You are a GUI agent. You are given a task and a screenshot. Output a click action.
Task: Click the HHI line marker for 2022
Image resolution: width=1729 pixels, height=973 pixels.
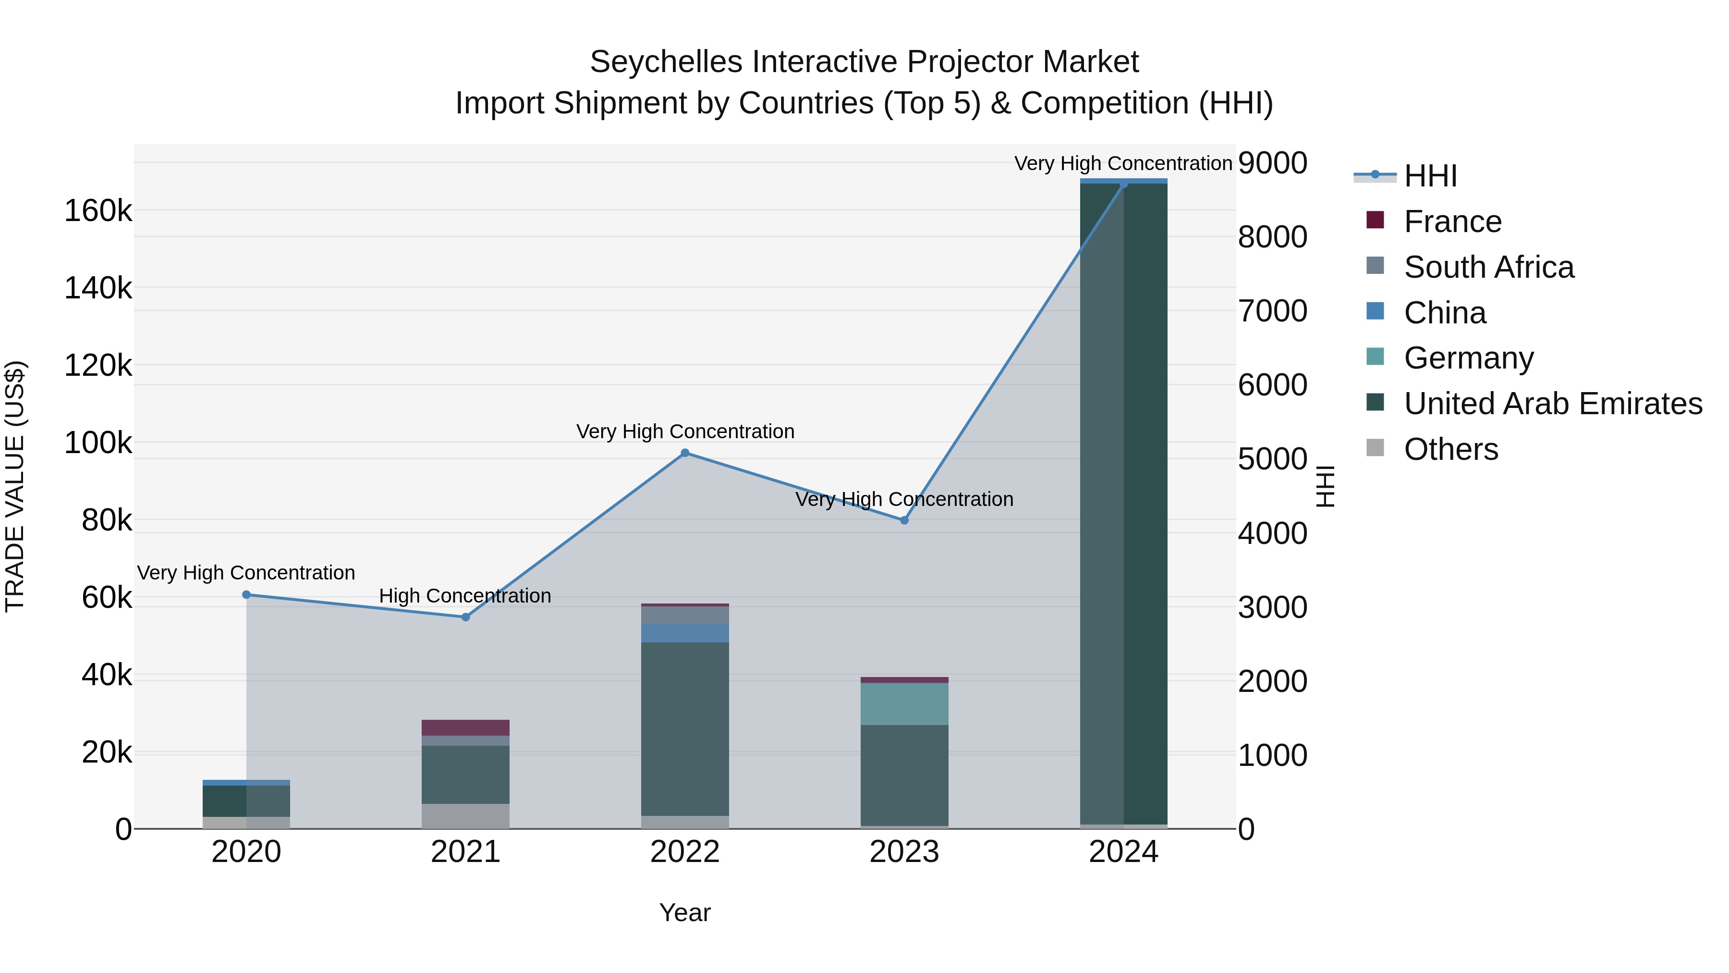684,453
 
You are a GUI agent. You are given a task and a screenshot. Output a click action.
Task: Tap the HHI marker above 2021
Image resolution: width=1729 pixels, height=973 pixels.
466,617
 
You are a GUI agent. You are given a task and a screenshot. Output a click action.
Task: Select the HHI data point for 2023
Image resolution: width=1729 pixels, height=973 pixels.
904,520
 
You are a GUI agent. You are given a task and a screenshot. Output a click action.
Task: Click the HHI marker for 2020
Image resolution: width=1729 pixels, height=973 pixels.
246,595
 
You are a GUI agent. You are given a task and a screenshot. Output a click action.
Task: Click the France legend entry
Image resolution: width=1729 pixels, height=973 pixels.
1452,222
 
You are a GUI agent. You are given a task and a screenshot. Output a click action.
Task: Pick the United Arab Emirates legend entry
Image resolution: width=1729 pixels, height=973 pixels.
1552,404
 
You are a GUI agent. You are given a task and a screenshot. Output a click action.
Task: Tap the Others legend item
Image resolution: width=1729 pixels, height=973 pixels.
1450,449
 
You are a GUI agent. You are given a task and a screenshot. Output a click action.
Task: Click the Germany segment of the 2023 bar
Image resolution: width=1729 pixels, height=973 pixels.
904,704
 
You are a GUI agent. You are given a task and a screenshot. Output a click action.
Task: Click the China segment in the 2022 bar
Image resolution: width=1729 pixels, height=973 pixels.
684,633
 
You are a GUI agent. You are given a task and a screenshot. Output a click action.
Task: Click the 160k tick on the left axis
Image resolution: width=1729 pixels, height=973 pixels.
98,211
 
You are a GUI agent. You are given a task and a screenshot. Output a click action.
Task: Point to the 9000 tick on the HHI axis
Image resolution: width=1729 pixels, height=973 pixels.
1273,163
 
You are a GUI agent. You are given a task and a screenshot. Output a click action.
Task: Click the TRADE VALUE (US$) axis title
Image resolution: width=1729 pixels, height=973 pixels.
15,486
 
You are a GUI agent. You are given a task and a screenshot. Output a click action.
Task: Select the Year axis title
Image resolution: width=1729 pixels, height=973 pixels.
684,912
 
